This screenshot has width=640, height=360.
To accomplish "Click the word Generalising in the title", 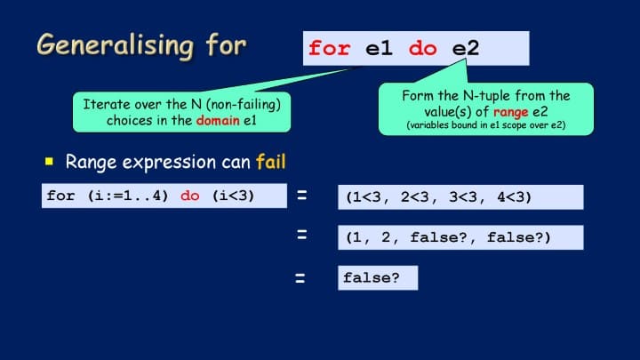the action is (115, 45).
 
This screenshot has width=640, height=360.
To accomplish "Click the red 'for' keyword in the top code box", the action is (330, 48).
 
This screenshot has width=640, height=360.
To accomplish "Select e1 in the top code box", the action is (379, 49).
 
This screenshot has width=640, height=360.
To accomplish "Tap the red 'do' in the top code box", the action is (423, 49).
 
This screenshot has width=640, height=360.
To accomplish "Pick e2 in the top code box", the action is (466, 49).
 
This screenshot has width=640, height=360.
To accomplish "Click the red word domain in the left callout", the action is (218, 120).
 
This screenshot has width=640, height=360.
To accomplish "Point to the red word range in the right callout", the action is (510, 112).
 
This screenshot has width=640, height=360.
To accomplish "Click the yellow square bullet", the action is (49, 161).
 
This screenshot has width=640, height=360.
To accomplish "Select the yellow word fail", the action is (271, 162).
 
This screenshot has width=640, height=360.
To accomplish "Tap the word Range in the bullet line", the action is (91, 163).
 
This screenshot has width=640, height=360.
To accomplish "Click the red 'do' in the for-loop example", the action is (190, 196).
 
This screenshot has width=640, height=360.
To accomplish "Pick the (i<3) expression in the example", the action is (233, 196).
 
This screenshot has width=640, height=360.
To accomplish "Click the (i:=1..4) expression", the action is (128, 196).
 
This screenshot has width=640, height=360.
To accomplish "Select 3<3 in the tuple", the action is (463, 197).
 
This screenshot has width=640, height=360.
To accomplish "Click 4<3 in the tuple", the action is (511, 197).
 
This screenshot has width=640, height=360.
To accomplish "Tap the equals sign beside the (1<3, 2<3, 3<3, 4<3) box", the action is (302, 195).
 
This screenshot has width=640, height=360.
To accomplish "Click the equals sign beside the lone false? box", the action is (300, 278).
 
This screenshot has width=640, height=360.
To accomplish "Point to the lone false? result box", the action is (378, 278).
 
